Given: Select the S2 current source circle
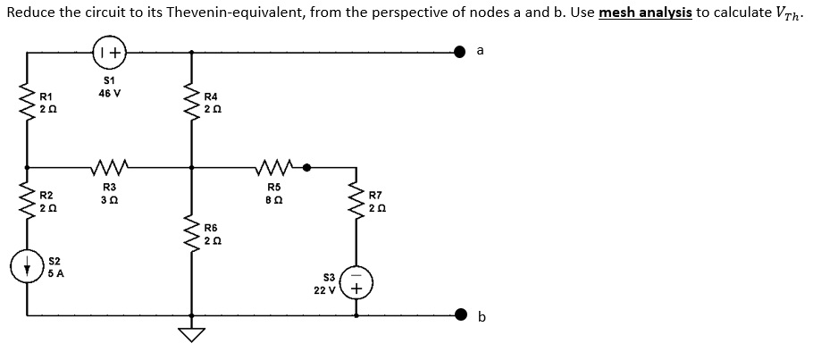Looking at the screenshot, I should (27, 266).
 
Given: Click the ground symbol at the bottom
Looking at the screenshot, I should (190, 332).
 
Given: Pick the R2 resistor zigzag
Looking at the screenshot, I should (27, 202).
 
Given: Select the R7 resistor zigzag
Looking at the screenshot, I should (357, 202).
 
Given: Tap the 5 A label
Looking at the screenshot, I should (55, 273).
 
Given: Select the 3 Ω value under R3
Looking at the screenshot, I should (109, 197).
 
